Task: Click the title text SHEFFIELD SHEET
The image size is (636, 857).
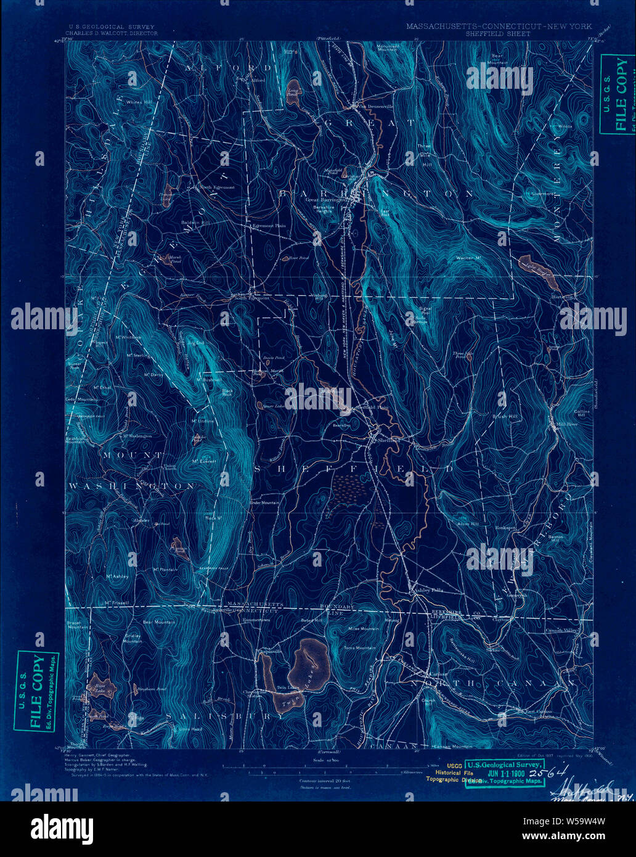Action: [x=499, y=34]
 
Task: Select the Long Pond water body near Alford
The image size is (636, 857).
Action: [x=293, y=88]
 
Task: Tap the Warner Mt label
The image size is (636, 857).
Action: [x=468, y=256]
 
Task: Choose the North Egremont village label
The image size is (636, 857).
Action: [x=216, y=187]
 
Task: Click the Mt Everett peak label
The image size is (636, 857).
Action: [x=204, y=461]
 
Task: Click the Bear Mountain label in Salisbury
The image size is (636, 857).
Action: [x=159, y=623]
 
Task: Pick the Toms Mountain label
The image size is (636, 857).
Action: [x=359, y=648]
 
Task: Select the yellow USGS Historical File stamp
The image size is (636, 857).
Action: [x=446, y=771]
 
